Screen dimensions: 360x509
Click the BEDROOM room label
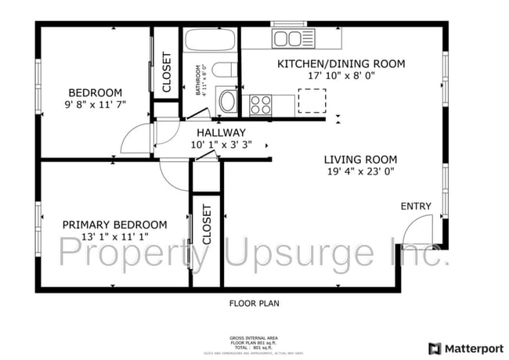tap(95, 92)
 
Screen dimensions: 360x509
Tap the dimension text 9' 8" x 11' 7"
tap(95, 103)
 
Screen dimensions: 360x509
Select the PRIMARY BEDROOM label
tap(114, 225)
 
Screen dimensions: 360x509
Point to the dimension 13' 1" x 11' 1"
tap(114, 236)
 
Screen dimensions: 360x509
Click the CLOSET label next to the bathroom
tap(166, 72)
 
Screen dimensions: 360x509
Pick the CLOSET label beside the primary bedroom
tap(207, 225)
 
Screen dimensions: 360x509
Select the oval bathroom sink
tap(227, 100)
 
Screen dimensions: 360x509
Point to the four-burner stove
tap(260, 103)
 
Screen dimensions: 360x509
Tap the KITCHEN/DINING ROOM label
tap(341, 63)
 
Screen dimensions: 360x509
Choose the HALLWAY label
tap(221, 132)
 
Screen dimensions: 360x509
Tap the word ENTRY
tap(416, 206)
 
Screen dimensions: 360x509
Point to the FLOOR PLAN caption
tap(254, 303)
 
